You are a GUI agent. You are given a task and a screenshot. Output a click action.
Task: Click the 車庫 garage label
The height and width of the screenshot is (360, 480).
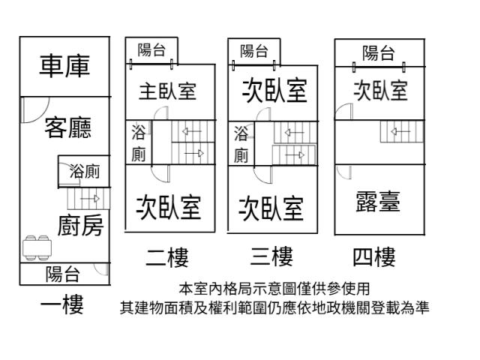(64, 66)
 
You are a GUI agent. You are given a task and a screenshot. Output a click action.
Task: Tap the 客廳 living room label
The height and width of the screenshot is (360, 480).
(67, 127)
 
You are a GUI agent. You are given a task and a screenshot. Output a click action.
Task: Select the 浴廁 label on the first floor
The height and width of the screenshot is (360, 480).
(84, 172)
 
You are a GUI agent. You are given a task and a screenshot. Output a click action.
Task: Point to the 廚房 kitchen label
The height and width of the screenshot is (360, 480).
(81, 224)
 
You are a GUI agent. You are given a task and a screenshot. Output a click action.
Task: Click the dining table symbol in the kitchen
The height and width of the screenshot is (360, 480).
(38, 247)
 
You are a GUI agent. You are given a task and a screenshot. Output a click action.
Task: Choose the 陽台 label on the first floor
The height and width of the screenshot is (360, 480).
(64, 274)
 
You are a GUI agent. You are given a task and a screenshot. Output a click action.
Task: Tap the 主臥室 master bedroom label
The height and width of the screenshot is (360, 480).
(167, 91)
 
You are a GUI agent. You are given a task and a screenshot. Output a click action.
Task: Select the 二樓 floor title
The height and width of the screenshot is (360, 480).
(167, 259)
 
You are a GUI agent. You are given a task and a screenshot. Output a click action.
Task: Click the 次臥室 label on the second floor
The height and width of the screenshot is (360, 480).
(168, 206)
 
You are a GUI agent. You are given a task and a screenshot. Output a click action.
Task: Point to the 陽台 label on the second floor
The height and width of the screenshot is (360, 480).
(152, 50)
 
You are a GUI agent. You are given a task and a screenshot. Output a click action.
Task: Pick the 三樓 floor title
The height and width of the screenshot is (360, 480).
(271, 259)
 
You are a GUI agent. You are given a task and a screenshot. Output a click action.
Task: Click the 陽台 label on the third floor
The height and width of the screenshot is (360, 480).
(254, 51)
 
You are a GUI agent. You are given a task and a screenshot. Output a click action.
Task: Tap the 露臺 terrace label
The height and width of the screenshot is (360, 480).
(376, 201)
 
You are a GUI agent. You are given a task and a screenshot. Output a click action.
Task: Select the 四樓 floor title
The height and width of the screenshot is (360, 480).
(373, 259)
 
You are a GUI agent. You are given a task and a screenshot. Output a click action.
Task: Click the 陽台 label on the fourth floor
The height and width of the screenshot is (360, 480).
(378, 52)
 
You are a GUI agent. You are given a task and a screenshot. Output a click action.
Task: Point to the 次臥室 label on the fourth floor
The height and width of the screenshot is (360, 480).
(380, 91)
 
